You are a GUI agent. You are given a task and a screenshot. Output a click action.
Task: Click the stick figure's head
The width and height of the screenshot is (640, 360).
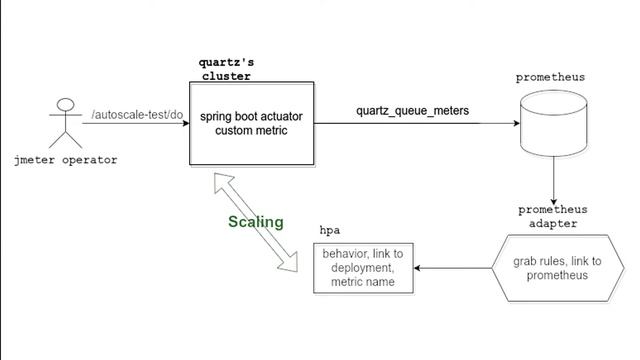click(x=66, y=104)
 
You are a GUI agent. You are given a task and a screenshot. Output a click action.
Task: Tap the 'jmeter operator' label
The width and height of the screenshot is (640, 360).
click(x=67, y=159)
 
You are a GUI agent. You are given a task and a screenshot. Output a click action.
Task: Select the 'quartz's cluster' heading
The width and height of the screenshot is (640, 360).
click(x=226, y=68)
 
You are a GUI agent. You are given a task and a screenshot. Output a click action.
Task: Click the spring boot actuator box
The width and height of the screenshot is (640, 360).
click(x=251, y=124)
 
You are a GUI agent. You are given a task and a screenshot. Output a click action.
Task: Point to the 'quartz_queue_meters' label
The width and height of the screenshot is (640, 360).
click(x=413, y=110)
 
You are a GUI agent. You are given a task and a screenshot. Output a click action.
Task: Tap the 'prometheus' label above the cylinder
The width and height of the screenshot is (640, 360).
click(x=550, y=77)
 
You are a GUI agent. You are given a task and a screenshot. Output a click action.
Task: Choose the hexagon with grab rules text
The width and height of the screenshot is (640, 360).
click(x=557, y=268)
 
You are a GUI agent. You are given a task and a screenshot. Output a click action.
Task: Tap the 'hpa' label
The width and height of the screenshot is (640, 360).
click(x=329, y=230)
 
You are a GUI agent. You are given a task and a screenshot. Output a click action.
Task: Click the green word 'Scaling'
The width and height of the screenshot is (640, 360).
click(x=255, y=222)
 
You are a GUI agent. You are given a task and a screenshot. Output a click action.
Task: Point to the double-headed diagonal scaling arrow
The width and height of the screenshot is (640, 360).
click(x=258, y=222)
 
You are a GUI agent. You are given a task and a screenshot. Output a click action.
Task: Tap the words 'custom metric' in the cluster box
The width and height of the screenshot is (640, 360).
click(x=251, y=131)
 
